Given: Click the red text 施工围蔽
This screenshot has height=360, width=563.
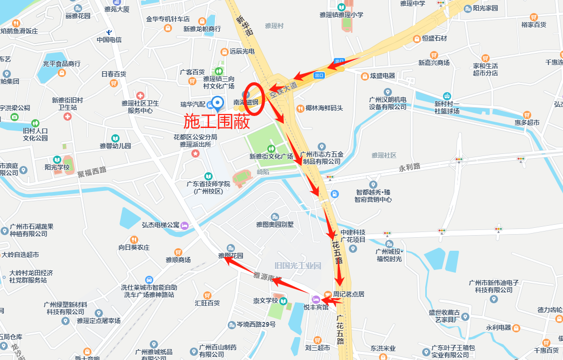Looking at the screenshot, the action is (x=217, y=121).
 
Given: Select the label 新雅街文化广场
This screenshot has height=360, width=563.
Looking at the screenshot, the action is (x=271, y=156).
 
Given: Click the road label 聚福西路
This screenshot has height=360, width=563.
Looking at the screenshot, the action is (x=91, y=172).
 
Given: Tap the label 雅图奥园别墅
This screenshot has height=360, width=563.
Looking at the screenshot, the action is (x=275, y=225).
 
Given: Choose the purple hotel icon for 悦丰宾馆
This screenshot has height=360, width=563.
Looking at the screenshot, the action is (x=315, y=299).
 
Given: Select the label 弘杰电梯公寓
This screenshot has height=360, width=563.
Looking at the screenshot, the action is (x=161, y=225).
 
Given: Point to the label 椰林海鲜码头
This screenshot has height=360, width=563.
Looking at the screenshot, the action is (x=324, y=108).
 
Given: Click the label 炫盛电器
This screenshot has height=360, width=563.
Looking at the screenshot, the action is (x=383, y=76).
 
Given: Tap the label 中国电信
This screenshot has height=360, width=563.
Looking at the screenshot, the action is (x=109, y=40).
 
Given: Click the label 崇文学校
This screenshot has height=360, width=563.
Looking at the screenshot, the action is (x=266, y=301).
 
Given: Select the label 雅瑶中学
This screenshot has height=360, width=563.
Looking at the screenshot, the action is (x=413, y=4).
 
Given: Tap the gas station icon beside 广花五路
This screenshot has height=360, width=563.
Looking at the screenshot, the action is (x=335, y=194).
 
